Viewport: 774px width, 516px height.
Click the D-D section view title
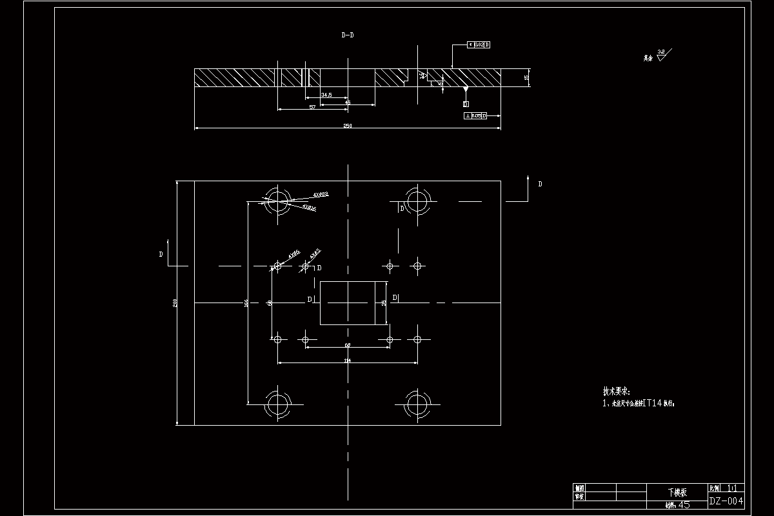click(x=347, y=36)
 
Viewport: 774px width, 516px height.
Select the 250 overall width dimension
click(x=348, y=126)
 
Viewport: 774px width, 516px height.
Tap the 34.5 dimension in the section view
click(x=326, y=95)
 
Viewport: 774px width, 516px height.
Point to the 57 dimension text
click(x=312, y=107)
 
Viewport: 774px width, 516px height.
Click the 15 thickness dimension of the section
click(x=526, y=78)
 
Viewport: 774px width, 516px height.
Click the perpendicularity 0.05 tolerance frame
click(x=475, y=116)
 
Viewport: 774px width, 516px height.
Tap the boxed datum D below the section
click(x=465, y=104)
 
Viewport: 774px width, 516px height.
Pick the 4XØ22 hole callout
click(x=321, y=194)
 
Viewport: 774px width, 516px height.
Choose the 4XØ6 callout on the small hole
click(x=293, y=253)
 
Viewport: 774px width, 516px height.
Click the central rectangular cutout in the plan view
click(x=348, y=303)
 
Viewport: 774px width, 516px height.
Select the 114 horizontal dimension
click(x=347, y=361)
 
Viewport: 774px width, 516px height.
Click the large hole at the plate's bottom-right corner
click(x=417, y=404)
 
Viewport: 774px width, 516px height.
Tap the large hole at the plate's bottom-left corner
click(x=278, y=404)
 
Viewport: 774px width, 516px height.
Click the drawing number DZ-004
click(x=726, y=501)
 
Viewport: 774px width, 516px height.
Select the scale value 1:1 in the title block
click(x=732, y=488)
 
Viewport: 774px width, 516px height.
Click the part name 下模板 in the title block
click(x=677, y=492)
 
